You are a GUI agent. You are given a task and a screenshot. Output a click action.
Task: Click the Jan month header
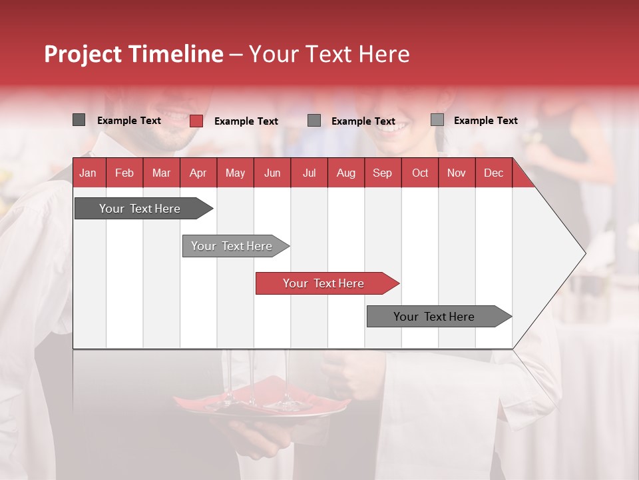click(x=88, y=173)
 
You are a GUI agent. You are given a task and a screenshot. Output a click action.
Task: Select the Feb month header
click(x=124, y=173)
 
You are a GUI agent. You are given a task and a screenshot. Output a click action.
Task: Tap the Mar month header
click(x=161, y=173)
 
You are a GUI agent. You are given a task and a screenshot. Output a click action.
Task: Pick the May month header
click(x=235, y=173)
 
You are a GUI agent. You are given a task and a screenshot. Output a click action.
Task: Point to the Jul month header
click(x=309, y=173)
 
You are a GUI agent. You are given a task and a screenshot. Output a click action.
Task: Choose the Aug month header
click(x=346, y=173)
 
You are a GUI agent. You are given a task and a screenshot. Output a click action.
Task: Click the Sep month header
click(x=383, y=173)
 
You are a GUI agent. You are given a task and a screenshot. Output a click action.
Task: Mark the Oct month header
click(x=420, y=173)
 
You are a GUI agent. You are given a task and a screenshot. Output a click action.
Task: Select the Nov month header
click(x=457, y=173)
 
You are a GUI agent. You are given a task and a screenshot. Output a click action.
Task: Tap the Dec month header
click(x=493, y=173)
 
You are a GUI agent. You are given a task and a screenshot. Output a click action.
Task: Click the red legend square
click(x=196, y=121)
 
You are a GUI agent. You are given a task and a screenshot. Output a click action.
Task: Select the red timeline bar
click(x=326, y=283)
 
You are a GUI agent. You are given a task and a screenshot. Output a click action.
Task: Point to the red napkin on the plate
click(x=273, y=393)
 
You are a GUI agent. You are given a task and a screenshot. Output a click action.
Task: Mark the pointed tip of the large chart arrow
click(x=584, y=253)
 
